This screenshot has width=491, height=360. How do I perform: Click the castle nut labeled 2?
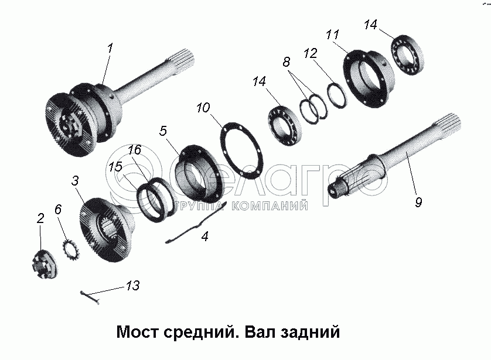(45, 264)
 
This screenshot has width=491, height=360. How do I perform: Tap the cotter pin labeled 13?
(90, 297)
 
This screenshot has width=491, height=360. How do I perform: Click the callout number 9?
(419, 202)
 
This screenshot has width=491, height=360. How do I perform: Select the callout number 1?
(110, 49)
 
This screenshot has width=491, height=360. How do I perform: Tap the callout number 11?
(333, 35)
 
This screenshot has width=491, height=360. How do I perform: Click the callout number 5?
(163, 131)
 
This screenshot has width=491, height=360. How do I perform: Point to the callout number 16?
(134, 150)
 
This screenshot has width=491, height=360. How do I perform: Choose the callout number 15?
(115, 167)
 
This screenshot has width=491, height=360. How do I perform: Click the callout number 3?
(75, 180)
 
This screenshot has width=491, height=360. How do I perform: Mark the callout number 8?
(286, 62)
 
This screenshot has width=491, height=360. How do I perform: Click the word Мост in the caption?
(137, 332)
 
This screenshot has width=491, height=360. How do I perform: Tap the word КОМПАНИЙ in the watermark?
(270, 205)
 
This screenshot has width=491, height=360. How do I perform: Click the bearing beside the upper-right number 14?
(408, 56)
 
